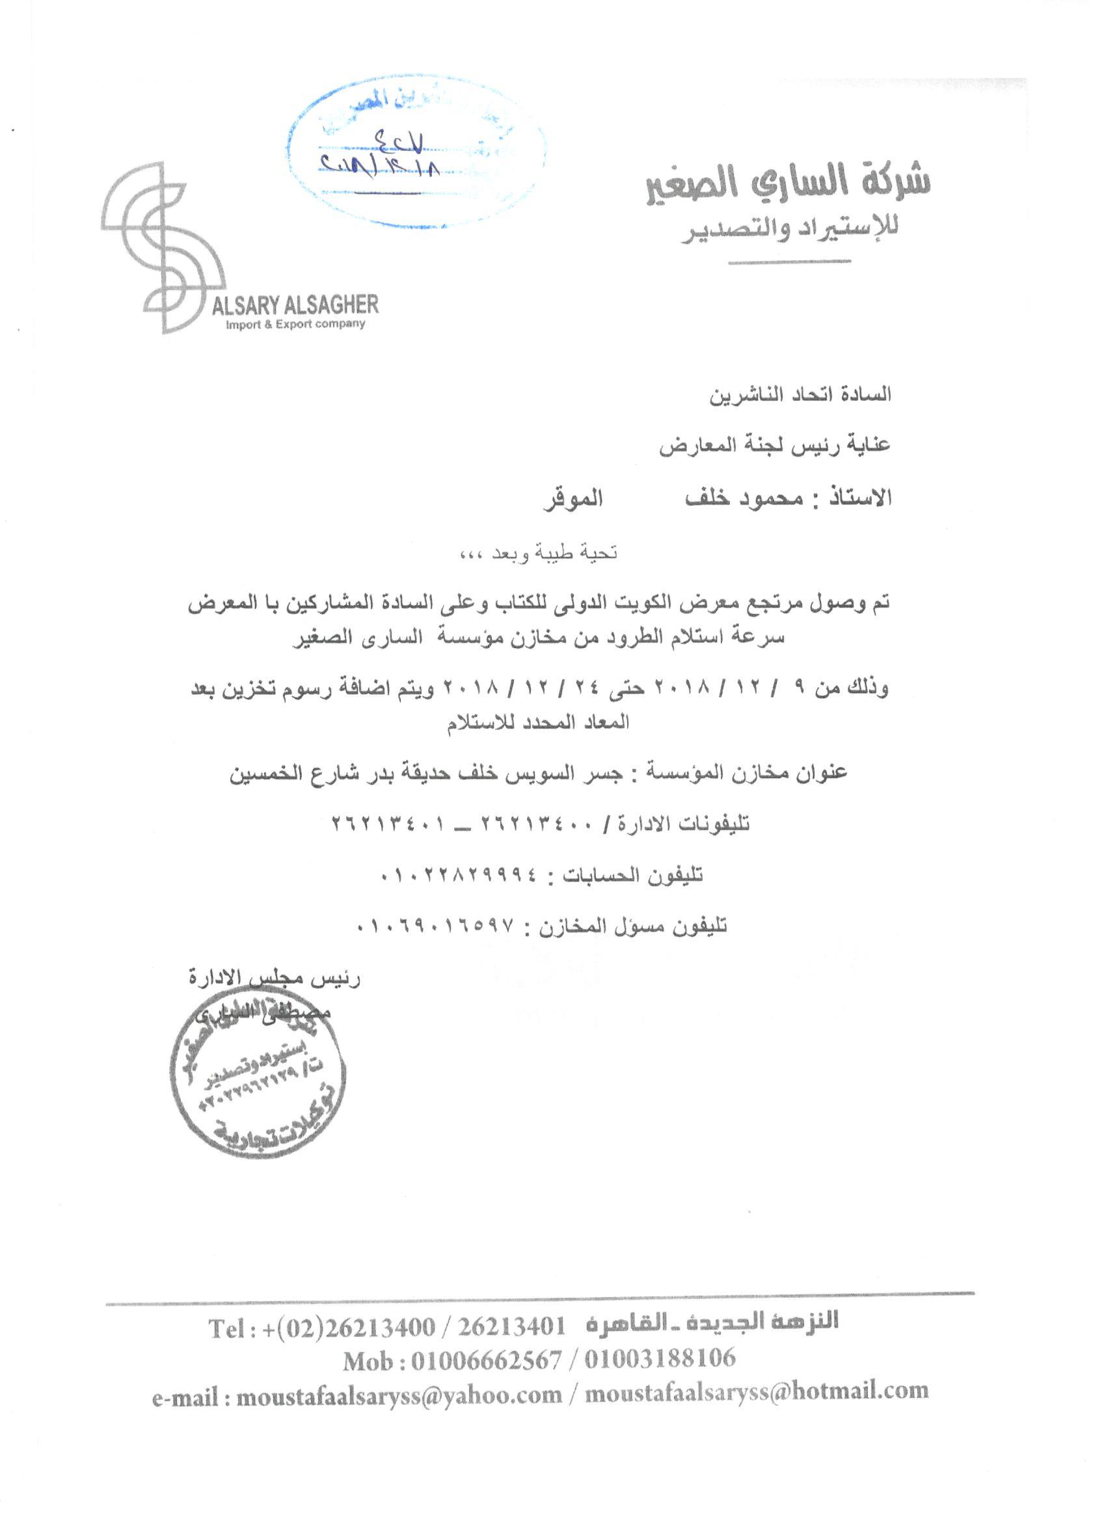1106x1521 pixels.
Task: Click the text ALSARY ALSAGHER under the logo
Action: pyautogui.click(x=295, y=307)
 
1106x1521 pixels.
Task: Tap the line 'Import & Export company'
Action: pyautogui.click(x=296, y=325)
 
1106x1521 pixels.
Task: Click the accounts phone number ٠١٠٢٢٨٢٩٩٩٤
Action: pyautogui.click(x=459, y=874)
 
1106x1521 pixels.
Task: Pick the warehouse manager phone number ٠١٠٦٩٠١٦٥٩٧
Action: pyautogui.click(x=442, y=926)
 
